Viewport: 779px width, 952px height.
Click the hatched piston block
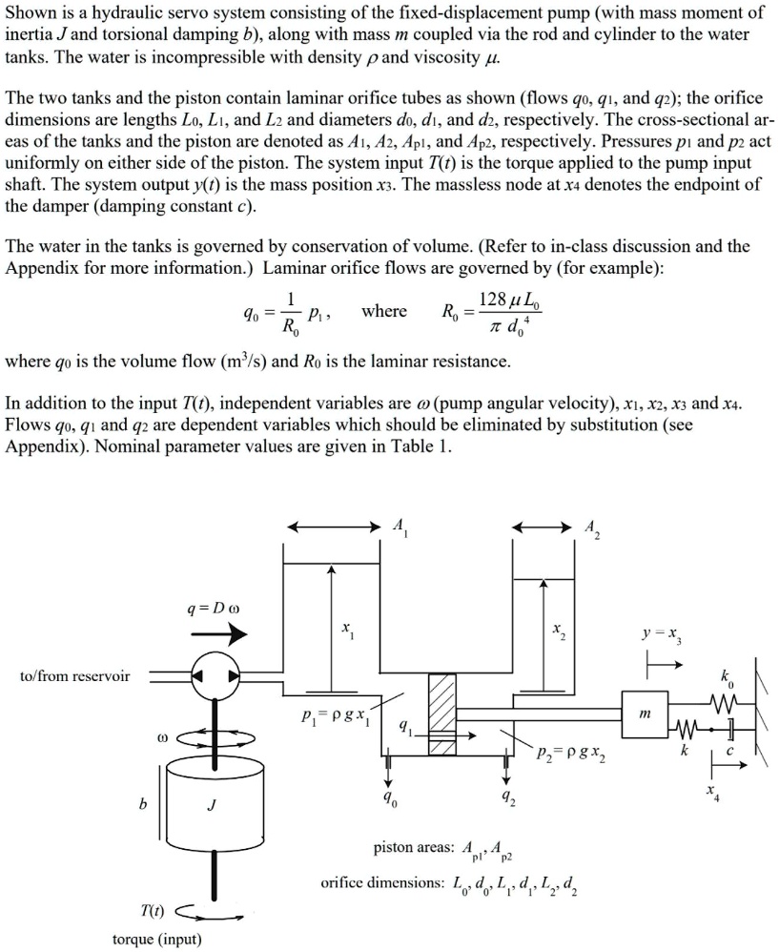441,714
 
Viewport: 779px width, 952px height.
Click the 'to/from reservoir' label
74,675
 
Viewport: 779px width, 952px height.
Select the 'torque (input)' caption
157,939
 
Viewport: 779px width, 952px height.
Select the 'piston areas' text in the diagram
414,847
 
